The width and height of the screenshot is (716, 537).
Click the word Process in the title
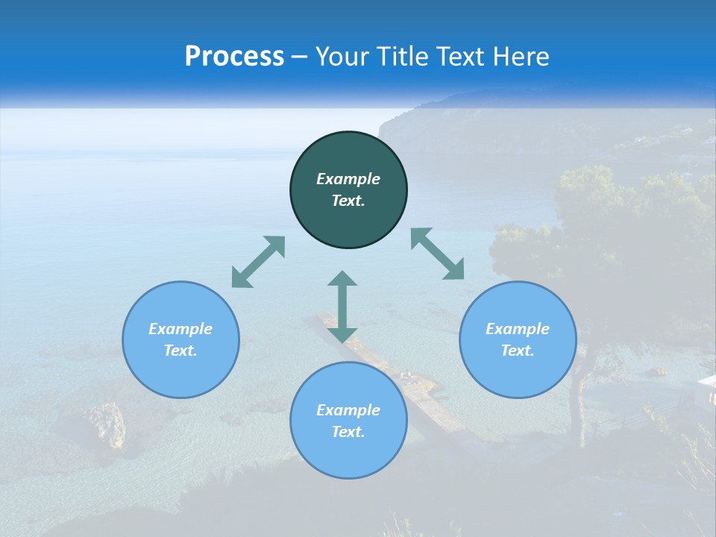point(234,57)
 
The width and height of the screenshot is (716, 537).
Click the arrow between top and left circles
point(258,262)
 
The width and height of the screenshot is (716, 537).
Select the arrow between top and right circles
point(438,254)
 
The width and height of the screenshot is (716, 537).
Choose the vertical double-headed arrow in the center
point(342,307)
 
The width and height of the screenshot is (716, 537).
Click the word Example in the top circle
point(348,179)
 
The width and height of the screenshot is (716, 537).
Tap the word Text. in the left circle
point(180,351)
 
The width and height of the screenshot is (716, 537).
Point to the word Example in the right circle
point(518,329)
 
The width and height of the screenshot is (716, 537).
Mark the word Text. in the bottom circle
point(348,432)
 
